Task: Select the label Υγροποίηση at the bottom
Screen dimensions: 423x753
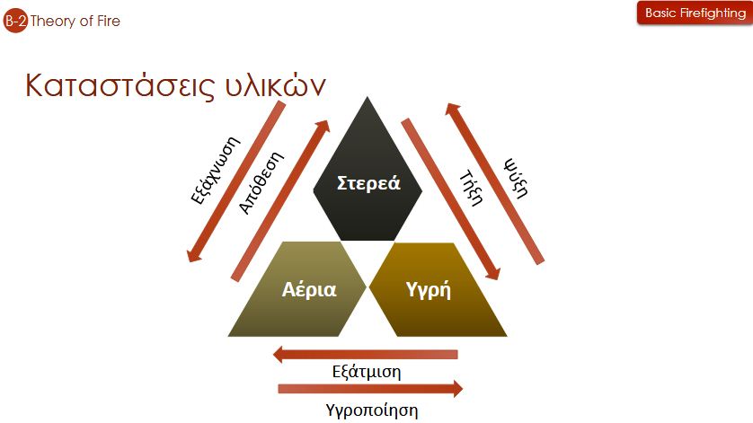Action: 370,410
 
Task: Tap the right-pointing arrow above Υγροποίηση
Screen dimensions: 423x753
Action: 370,389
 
